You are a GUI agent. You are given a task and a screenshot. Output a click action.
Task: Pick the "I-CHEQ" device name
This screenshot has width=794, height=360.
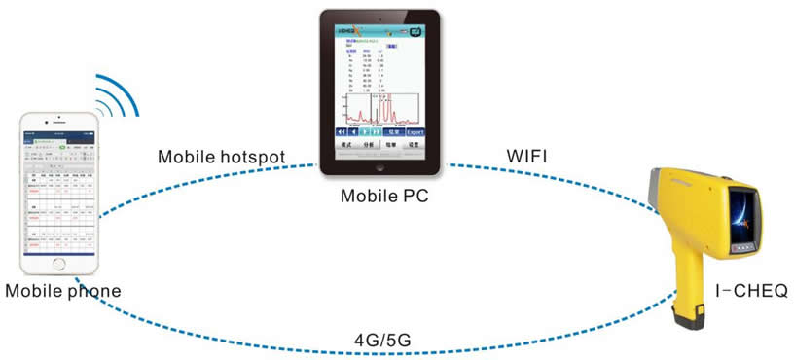[x=746, y=290]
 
